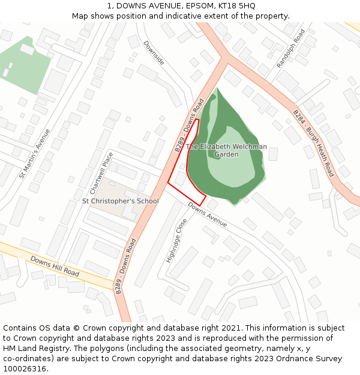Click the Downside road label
(x=154, y=53)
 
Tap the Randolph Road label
(x=291, y=48)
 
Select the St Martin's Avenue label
(x=35, y=154)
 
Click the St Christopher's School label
(x=120, y=201)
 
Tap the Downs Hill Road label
(x=55, y=266)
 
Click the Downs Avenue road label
(x=207, y=214)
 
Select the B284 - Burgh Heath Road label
(x=313, y=143)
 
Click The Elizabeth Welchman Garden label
(x=226, y=151)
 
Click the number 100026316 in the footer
(x=25, y=369)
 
